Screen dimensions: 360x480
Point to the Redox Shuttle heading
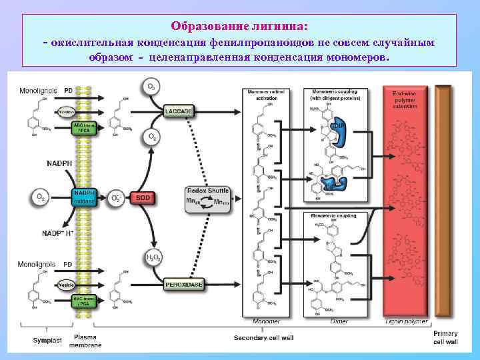pyautogui.click(x=208, y=191)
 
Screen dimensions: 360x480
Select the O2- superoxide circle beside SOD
pyautogui.click(x=116, y=198)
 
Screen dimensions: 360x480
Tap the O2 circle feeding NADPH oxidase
pyautogui.click(x=41, y=197)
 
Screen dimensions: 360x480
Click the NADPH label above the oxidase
pyautogui.click(x=60, y=163)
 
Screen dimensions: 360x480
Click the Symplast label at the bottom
pyautogui.click(x=47, y=340)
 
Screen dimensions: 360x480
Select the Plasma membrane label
pyautogui.click(x=88, y=341)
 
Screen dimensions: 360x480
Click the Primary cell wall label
pyautogui.click(x=445, y=337)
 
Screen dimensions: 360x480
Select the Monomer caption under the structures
pyautogui.click(x=267, y=321)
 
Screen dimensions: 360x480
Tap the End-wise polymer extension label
pyautogui.click(x=405, y=100)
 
